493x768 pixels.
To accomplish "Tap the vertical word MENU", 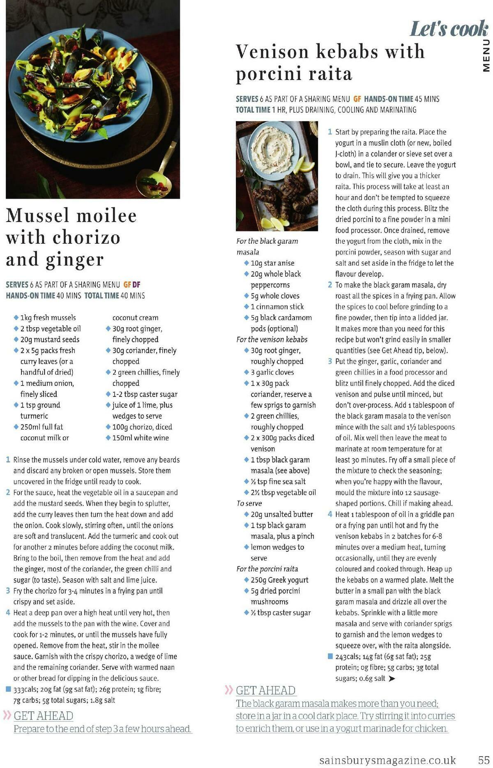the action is pyautogui.click(x=486, y=55).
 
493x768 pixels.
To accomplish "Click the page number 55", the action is pyautogui.click(x=483, y=759).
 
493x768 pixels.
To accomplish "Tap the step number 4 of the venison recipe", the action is pyautogui.click(x=330, y=514).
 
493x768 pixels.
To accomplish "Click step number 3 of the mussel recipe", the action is pyautogui.click(x=8, y=591).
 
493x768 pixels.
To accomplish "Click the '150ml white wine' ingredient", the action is pyautogui.click(x=141, y=438).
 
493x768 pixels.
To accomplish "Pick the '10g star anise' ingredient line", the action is pyautogui.click(x=272, y=263).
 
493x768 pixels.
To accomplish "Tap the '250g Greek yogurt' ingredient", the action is pyautogui.click(x=279, y=580).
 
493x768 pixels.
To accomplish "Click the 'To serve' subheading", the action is pyautogui.click(x=249, y=503).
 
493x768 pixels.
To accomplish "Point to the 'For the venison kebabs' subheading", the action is pyautogui.click(x=272, y=339).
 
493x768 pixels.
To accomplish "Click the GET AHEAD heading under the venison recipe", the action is pyautogui.click(x=265, y=690).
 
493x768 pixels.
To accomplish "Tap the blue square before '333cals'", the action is pyautogui.click(x=8, y=689).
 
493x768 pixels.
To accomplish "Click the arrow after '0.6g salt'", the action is pyautogui.click(x=392, y=679).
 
